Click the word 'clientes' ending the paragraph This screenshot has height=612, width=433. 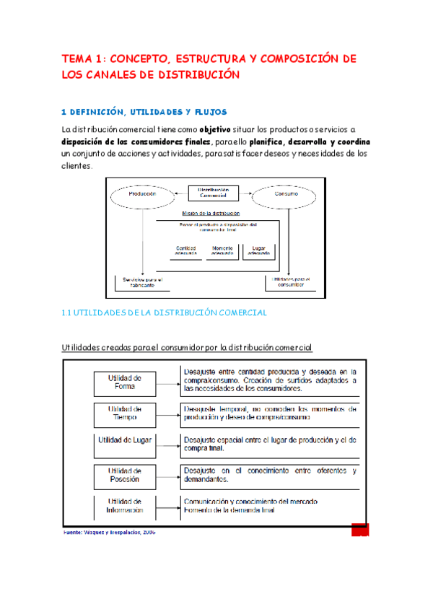click(x=76, y=165)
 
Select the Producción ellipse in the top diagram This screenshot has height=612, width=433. click(x=142, y=194)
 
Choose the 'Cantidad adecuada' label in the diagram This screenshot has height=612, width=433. click(x=186, y=250)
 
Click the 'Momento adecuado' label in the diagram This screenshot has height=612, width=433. click(x=222, y=250)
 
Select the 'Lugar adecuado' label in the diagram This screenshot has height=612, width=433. click(x=259, y=250)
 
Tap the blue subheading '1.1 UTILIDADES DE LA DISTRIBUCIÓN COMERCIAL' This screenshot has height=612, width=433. click(x=165, y=312)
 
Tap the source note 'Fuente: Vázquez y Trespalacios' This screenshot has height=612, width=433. click(x=105, y=533)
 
